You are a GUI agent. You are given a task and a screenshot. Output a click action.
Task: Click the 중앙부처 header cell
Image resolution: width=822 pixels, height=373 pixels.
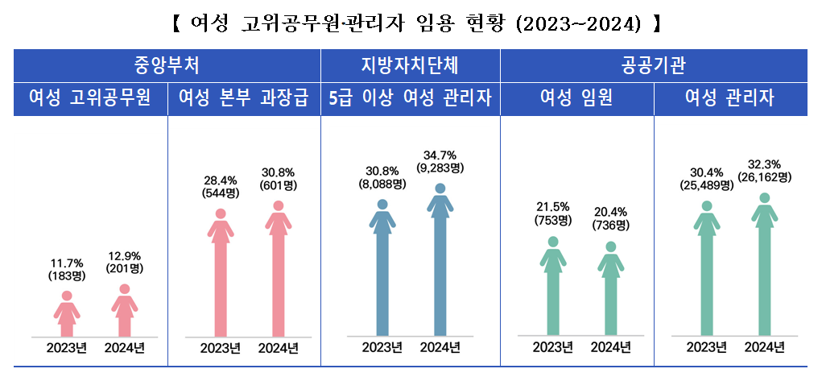(167, 64)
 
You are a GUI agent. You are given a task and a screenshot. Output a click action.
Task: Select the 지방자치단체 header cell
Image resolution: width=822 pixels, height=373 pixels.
(411, 64)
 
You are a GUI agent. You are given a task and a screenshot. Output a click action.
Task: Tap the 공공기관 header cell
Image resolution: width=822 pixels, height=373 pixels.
(654, 64)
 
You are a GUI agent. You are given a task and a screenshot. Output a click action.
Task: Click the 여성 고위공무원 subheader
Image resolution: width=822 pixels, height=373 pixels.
(90, 98)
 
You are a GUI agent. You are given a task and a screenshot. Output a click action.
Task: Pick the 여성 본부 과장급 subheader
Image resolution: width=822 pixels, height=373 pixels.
(244, 98)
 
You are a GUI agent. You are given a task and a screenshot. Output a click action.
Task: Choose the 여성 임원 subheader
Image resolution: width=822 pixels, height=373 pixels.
(576, 98)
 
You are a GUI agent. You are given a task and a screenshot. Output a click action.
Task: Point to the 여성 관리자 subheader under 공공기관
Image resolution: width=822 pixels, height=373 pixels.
(730, 98)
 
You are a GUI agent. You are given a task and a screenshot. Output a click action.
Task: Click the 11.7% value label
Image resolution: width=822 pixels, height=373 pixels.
(67, 263)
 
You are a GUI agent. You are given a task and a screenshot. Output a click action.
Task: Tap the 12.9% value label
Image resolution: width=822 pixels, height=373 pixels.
(125, 256)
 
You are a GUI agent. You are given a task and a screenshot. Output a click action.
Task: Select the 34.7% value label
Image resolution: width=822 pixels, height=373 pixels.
(440, 155)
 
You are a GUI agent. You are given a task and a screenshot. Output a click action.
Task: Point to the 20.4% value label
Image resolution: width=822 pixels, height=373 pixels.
(611, 212)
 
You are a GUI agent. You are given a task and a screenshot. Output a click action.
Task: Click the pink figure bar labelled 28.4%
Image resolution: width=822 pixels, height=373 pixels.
(221, 274)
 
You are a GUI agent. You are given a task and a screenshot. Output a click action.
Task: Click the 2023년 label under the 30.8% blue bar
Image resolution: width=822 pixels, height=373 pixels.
(382, 348)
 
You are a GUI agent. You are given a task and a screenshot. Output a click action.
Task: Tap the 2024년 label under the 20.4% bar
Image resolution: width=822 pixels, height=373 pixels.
(611, 347)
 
